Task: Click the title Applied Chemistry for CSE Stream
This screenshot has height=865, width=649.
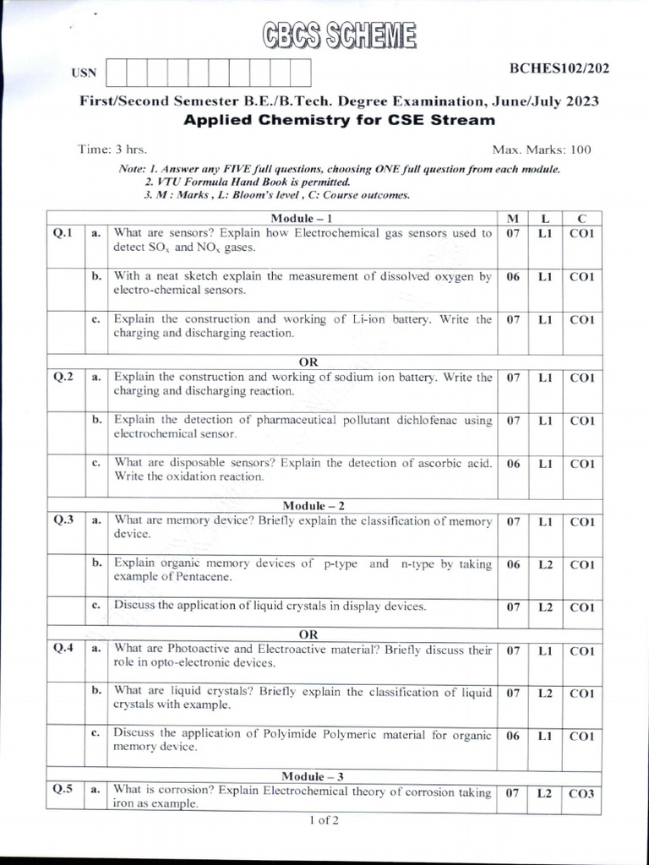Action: (x=339, y=120)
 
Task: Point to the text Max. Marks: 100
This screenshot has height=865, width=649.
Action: (x=542, y=150)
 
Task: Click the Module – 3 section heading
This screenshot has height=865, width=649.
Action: (x=314, y=775)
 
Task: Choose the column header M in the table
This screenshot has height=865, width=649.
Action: (x=512, y=219)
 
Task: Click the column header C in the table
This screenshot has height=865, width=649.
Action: (x=581, y=219)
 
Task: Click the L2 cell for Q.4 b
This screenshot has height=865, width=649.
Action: (x=545, y=694)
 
